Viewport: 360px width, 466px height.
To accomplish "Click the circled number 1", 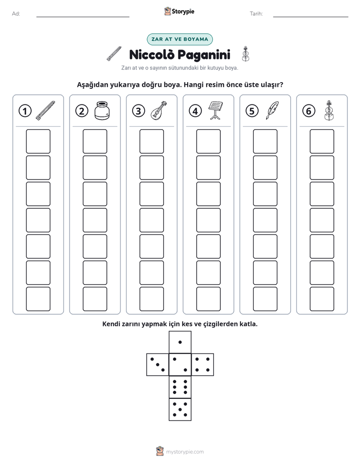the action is pyautogui.click(x=25, y=111).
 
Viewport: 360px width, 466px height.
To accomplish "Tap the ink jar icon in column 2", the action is pyautogui.click(x=102, y=110).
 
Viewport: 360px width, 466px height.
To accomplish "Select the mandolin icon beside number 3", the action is pyautogui.click(x=159, y=110).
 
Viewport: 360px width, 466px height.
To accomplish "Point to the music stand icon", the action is pyautogui.click(x=216, y=110).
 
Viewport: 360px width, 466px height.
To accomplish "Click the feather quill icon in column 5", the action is pyautogui.click(x=272, y=110).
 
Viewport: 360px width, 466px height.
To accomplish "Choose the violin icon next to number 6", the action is pyautogui.click(x=329, y=110).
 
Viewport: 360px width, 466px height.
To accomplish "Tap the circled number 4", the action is pyautogui.click(x=195, y=111).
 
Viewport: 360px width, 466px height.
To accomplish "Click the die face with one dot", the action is pyautogui.click(x=180, y=342).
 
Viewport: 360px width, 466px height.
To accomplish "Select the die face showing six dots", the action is pyautogui.click(x=180, y=387).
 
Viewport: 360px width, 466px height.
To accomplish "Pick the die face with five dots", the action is pyautogui.click(x=180, y=410).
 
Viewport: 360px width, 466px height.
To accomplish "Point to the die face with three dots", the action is pyautogui.click(x=158, y=365).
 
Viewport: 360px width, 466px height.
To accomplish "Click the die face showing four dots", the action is pyautogui.click(x=203, y=365).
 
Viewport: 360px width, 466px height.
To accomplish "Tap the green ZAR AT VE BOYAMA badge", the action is pyautogui.click(x=179, y=39).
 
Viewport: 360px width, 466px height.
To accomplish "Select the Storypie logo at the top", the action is pyautogui.click(x=179, y=11).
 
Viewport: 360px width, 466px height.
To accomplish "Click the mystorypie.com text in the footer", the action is pyautogui.click(x=185, y=452).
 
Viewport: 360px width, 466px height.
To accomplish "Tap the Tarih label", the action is pyautogui.click(x=256, y=14).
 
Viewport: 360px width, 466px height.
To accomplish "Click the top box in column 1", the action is pyautogui.click(x=38, y=141).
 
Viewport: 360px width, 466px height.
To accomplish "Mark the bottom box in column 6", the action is pyautogui.click(x=322, y=299).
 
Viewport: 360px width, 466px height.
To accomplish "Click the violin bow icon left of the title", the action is pyautogui.click(x=114, y=54).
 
